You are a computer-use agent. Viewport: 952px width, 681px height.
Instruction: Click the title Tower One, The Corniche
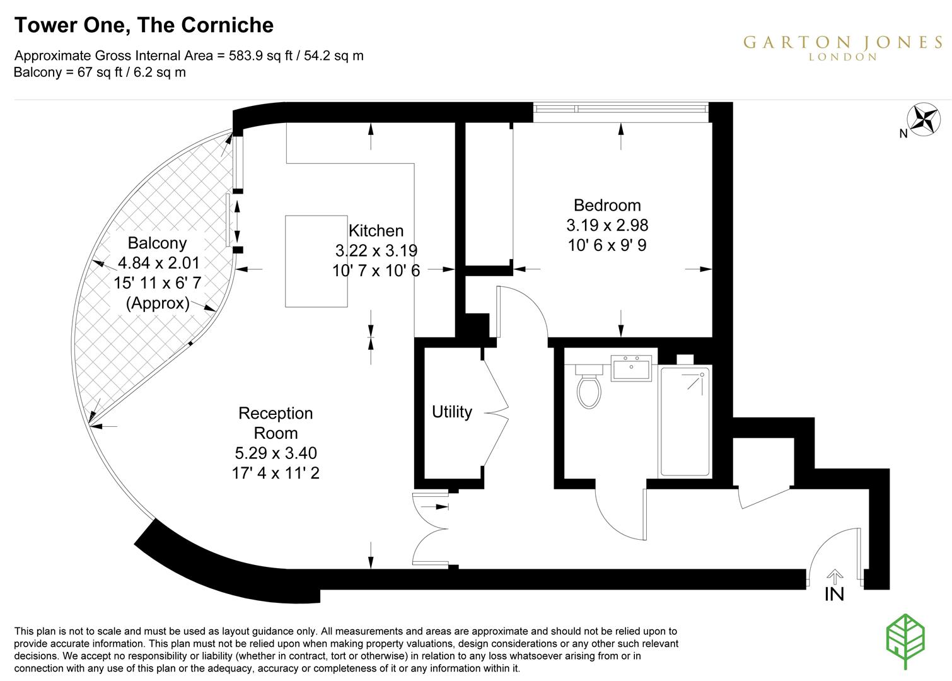(144, 25)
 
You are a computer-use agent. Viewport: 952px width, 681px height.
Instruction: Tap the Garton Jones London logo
(842, 47)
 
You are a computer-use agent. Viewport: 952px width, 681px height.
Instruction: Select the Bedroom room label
(607, 205)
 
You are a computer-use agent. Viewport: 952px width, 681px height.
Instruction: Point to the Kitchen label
(376, 230)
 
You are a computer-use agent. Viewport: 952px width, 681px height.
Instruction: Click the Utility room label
(451, 412)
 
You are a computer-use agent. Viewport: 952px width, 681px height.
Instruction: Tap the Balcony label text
(157, 243)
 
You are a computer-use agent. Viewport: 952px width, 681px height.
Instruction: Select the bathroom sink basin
(632, 368)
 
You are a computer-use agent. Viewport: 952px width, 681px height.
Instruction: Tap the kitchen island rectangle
(316, 261)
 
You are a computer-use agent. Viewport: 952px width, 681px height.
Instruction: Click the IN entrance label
(834, 594)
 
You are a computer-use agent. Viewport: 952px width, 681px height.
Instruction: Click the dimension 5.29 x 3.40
(276, 453)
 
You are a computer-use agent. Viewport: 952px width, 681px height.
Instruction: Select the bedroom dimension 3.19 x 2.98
(607, 225)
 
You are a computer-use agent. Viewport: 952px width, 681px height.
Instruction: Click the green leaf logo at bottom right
(905, 641)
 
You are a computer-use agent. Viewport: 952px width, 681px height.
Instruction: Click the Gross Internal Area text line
(189, 55)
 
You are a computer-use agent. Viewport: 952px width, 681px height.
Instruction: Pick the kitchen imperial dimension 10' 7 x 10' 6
(376, 271)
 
